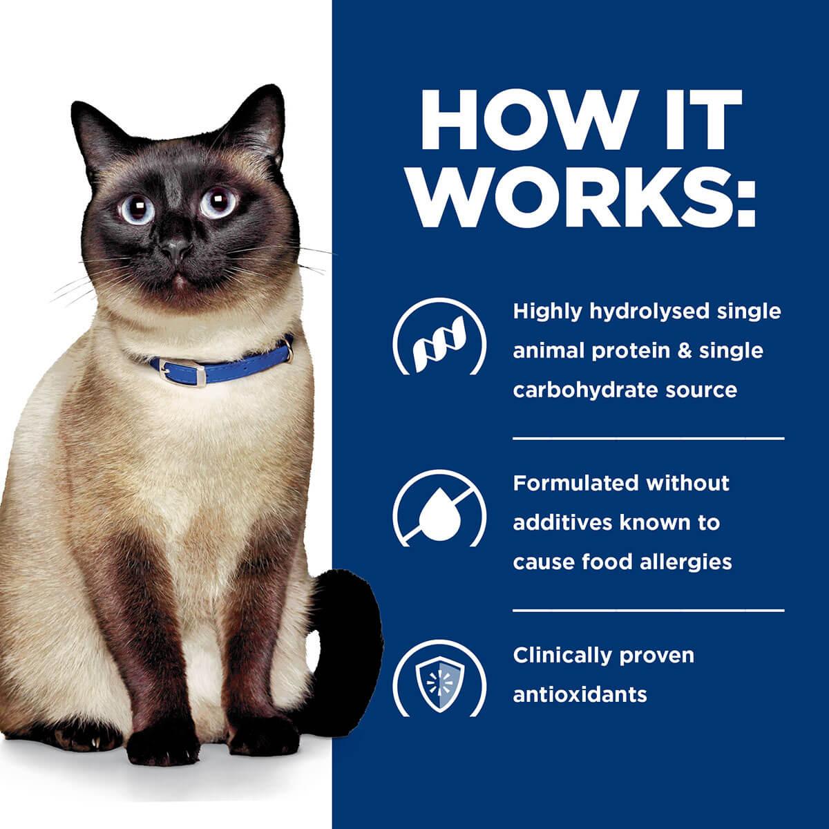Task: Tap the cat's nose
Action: pyautogui.click(x=177, y=248)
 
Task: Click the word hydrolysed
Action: pyautogui.click(x=646, y=312)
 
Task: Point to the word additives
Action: pyautogui.click(x=560, y=522)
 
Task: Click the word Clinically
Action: pyautogui.click(x=561, y=654)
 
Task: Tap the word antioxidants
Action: pyautogui.click(x=580, y=694)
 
